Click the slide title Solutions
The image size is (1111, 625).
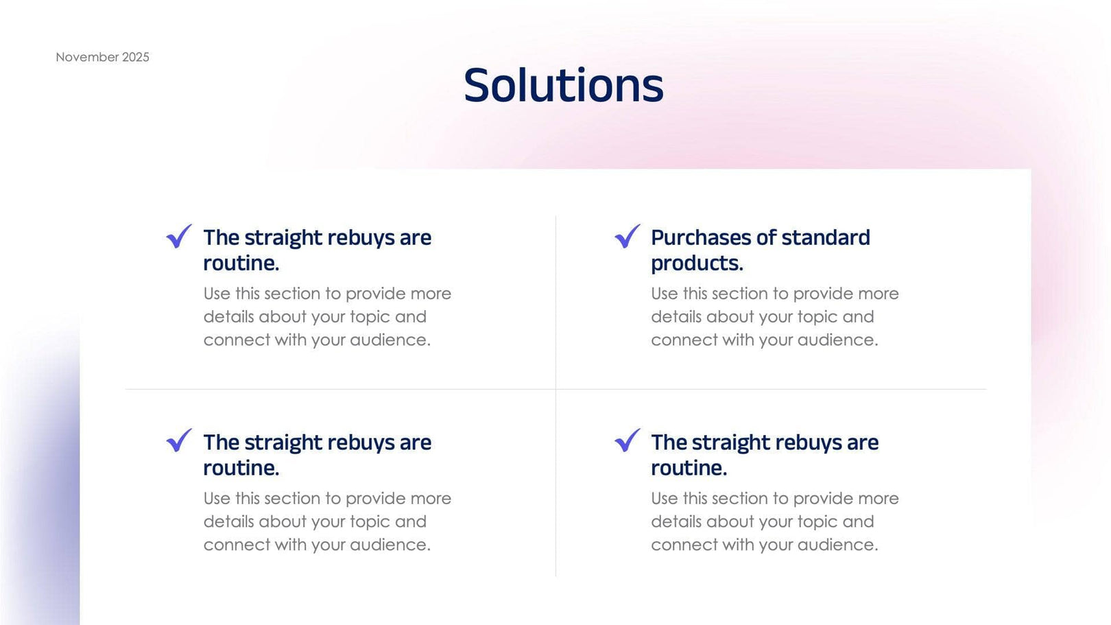click(x=563, y=86)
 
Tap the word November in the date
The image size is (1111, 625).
click(x=86, y=57)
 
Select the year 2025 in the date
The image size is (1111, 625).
click(x=135, y=57)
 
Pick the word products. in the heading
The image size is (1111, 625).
click(x=697, y=263)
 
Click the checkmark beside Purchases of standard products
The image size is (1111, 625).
click(x=627, y=236)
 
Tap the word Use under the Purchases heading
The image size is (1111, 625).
click(x=664, y=294)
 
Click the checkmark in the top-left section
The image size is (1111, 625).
click(x=179, y=236)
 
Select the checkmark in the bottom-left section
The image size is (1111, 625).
click(x=179, y=440)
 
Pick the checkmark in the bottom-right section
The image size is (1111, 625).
click(x=627, y=440)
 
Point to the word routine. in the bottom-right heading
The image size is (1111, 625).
click(x=689, y=469)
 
